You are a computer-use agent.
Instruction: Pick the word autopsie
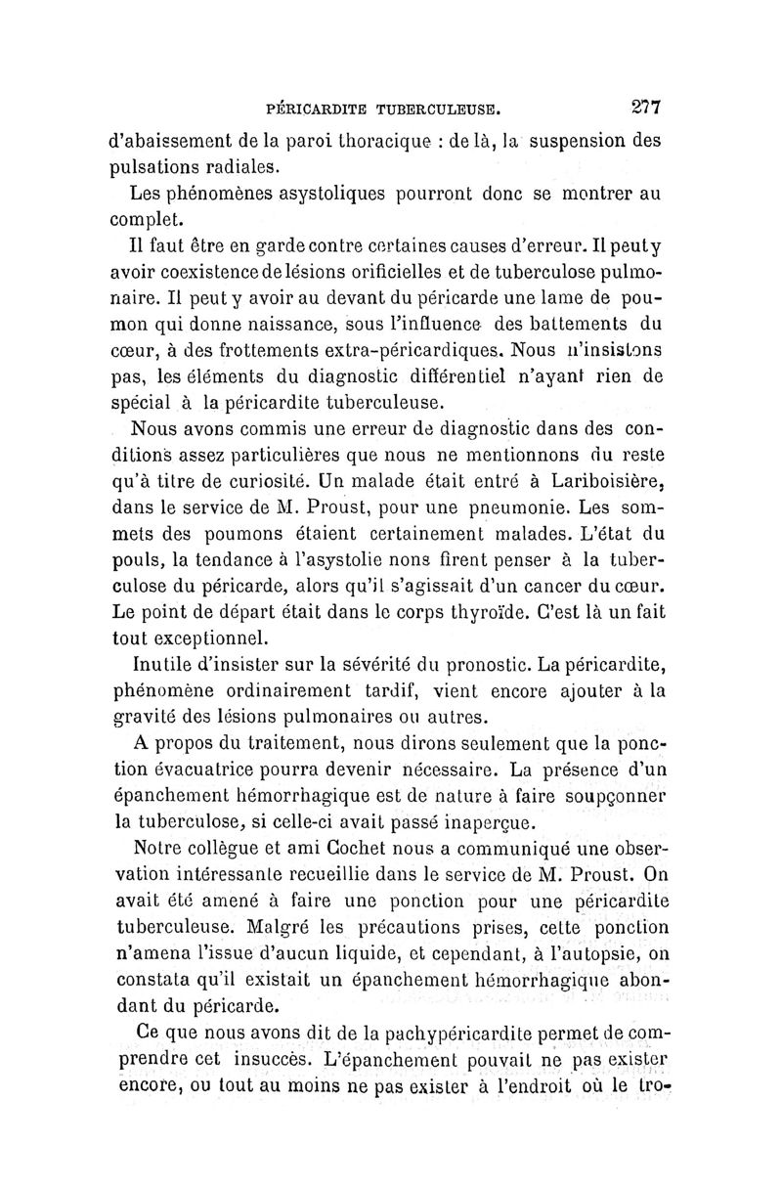[x=593, y=949]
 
